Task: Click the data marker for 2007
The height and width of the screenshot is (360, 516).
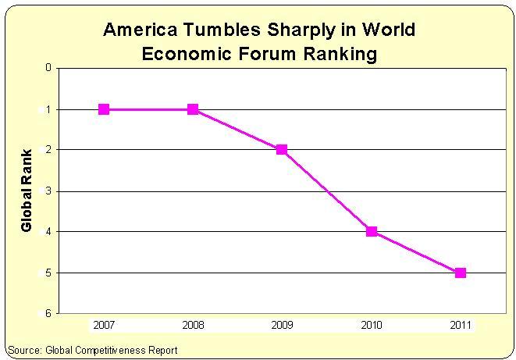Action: (x=104, y=109)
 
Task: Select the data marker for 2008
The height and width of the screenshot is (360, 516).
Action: (x=193, y=109)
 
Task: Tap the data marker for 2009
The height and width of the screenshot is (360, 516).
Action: (x=282, y=150)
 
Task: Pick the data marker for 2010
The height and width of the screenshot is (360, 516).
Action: (x=372, y=231)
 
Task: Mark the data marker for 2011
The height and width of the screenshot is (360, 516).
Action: (x=461, y=273)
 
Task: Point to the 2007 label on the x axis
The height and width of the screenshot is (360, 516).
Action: (x=104, y=324)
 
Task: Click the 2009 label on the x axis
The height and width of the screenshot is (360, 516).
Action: (x=282, y=324)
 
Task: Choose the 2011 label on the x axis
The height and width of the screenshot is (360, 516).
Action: (x=461, y=324)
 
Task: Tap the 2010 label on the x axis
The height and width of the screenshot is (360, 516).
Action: (x=372, y=324)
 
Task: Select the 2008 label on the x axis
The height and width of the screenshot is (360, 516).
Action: (x=193, y=324)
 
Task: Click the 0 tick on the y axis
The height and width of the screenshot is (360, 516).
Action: (x=48, y=68)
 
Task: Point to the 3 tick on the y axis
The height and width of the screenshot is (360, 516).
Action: (x=48, y=191)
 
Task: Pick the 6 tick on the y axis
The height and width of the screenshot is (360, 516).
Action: (x=48, y=313)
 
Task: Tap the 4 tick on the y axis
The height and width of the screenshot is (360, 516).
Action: (x=48, y=231)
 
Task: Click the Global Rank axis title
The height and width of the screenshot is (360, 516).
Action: (x=27, y=190)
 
